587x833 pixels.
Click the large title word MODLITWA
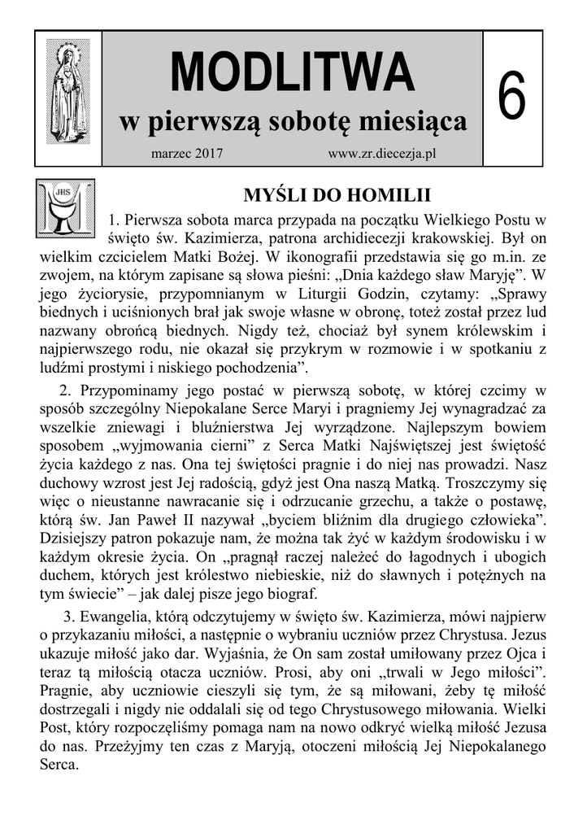tap(292, 72)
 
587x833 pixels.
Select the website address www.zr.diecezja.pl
tap(382, 154)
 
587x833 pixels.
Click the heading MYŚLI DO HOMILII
tap(337, 196)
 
